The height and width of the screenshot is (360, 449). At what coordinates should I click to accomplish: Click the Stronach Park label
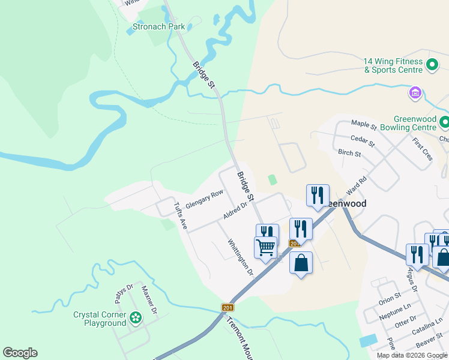(x=158, y=26)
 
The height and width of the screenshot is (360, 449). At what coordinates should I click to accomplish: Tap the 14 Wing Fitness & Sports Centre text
(x=393, y=65)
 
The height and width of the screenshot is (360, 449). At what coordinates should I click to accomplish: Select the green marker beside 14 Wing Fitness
(x=432, y=65)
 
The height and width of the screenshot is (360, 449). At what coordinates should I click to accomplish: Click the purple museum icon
(x=415, y=93)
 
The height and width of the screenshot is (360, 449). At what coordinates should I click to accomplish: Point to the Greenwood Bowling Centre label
(x=415, y=123)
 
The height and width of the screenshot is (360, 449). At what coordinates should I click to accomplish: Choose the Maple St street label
(x=364, y=126)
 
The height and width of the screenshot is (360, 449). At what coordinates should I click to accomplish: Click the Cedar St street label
(x=362, y=142)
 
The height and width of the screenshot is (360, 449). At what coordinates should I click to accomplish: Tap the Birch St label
(x=349, y=154)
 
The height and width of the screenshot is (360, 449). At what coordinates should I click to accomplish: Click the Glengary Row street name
(x=204, y=199)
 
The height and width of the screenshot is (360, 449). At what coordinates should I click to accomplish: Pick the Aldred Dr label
(x=235, y=210)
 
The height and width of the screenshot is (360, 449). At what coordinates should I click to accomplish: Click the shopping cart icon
(x=265, y=247)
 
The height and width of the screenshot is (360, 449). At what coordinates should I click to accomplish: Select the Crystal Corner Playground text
(x=100, y=319)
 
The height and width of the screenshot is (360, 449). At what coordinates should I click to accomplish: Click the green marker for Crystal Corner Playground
(x=136, y=317)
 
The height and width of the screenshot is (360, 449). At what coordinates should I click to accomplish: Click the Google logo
(x=20, y=353)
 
